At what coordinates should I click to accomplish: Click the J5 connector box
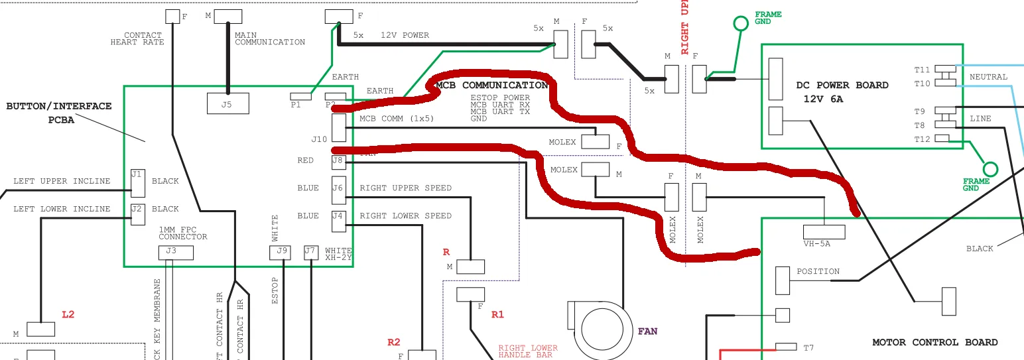coord(227,103)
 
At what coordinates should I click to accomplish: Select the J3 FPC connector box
coord(176,253)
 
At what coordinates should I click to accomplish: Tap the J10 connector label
coord(319,139)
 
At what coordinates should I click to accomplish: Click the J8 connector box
coord(338,160)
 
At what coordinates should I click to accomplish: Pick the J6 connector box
coord(338,193)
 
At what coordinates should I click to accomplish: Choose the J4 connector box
coord(338,221)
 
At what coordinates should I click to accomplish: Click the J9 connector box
coord(280,253)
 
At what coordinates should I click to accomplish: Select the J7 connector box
coord(310,253)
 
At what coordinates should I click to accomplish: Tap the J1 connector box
coord(137,183)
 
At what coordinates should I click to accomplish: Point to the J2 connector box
coord(137,215)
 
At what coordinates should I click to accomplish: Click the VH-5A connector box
coord(824,232)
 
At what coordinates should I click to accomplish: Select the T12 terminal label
coord(922,139)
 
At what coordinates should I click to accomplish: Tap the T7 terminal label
coord(808,348)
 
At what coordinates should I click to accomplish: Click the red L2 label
coord(68,314)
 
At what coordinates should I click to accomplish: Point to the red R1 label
coord(497,314)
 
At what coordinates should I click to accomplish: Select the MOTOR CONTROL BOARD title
coord(934,343)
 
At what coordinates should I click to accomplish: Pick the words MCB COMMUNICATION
coord(491,86)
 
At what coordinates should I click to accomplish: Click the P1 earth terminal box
coord(300,97)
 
